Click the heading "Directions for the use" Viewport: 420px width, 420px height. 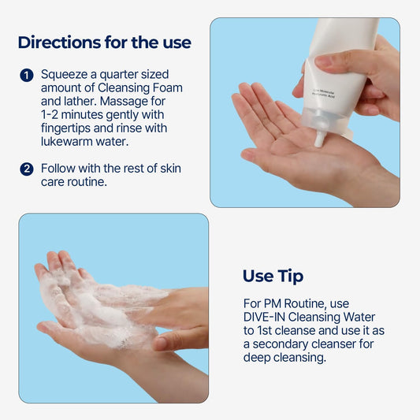pos(104,42)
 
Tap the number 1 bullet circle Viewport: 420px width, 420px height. pos(27,76)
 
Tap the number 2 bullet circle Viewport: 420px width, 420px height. pos(27,169)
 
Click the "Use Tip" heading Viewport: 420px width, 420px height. pos(273,276)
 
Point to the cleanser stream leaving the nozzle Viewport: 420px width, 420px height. pos(320,140)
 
